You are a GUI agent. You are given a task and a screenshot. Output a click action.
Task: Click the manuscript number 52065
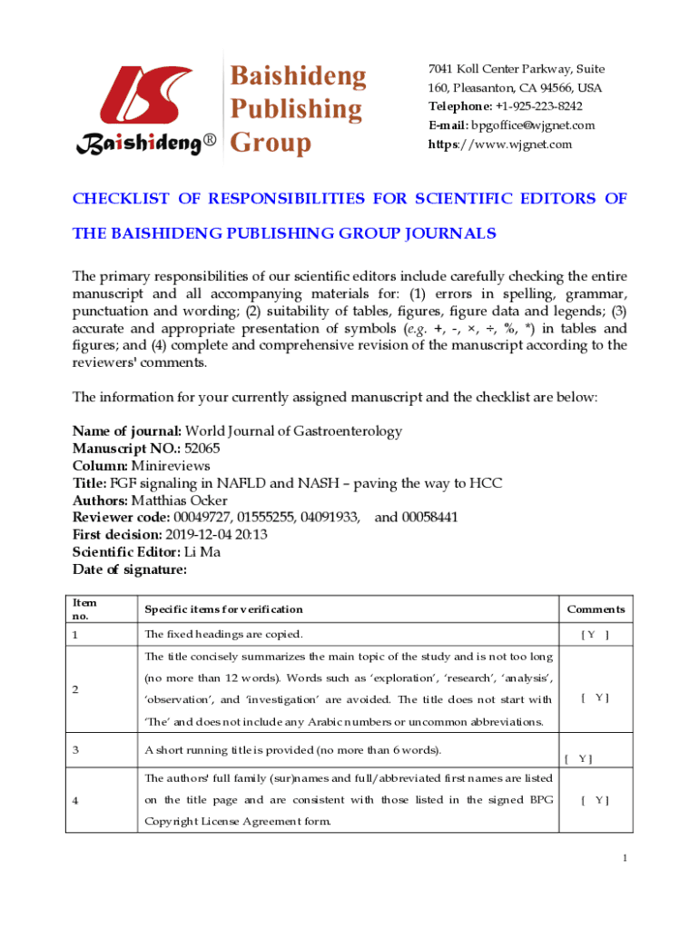coord(202,448)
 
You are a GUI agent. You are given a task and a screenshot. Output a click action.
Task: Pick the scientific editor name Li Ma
coord(202,551)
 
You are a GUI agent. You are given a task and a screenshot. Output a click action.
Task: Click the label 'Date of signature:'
coord(130,569)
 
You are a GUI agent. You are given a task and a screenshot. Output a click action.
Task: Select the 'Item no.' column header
coord(84,608)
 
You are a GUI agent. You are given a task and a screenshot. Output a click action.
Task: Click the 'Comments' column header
coord(596,609)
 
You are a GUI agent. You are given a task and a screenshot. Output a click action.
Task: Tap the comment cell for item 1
coord(595,634)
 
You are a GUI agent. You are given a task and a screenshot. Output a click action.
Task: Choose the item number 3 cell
coord(76,749)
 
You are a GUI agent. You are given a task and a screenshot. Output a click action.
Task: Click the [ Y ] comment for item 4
coord(596,800)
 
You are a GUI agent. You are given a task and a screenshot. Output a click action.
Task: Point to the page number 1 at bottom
coord(625,857)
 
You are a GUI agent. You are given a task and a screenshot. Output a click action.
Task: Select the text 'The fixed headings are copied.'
coord(223,634)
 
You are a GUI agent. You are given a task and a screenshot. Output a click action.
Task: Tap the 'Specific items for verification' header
coord(223,609)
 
